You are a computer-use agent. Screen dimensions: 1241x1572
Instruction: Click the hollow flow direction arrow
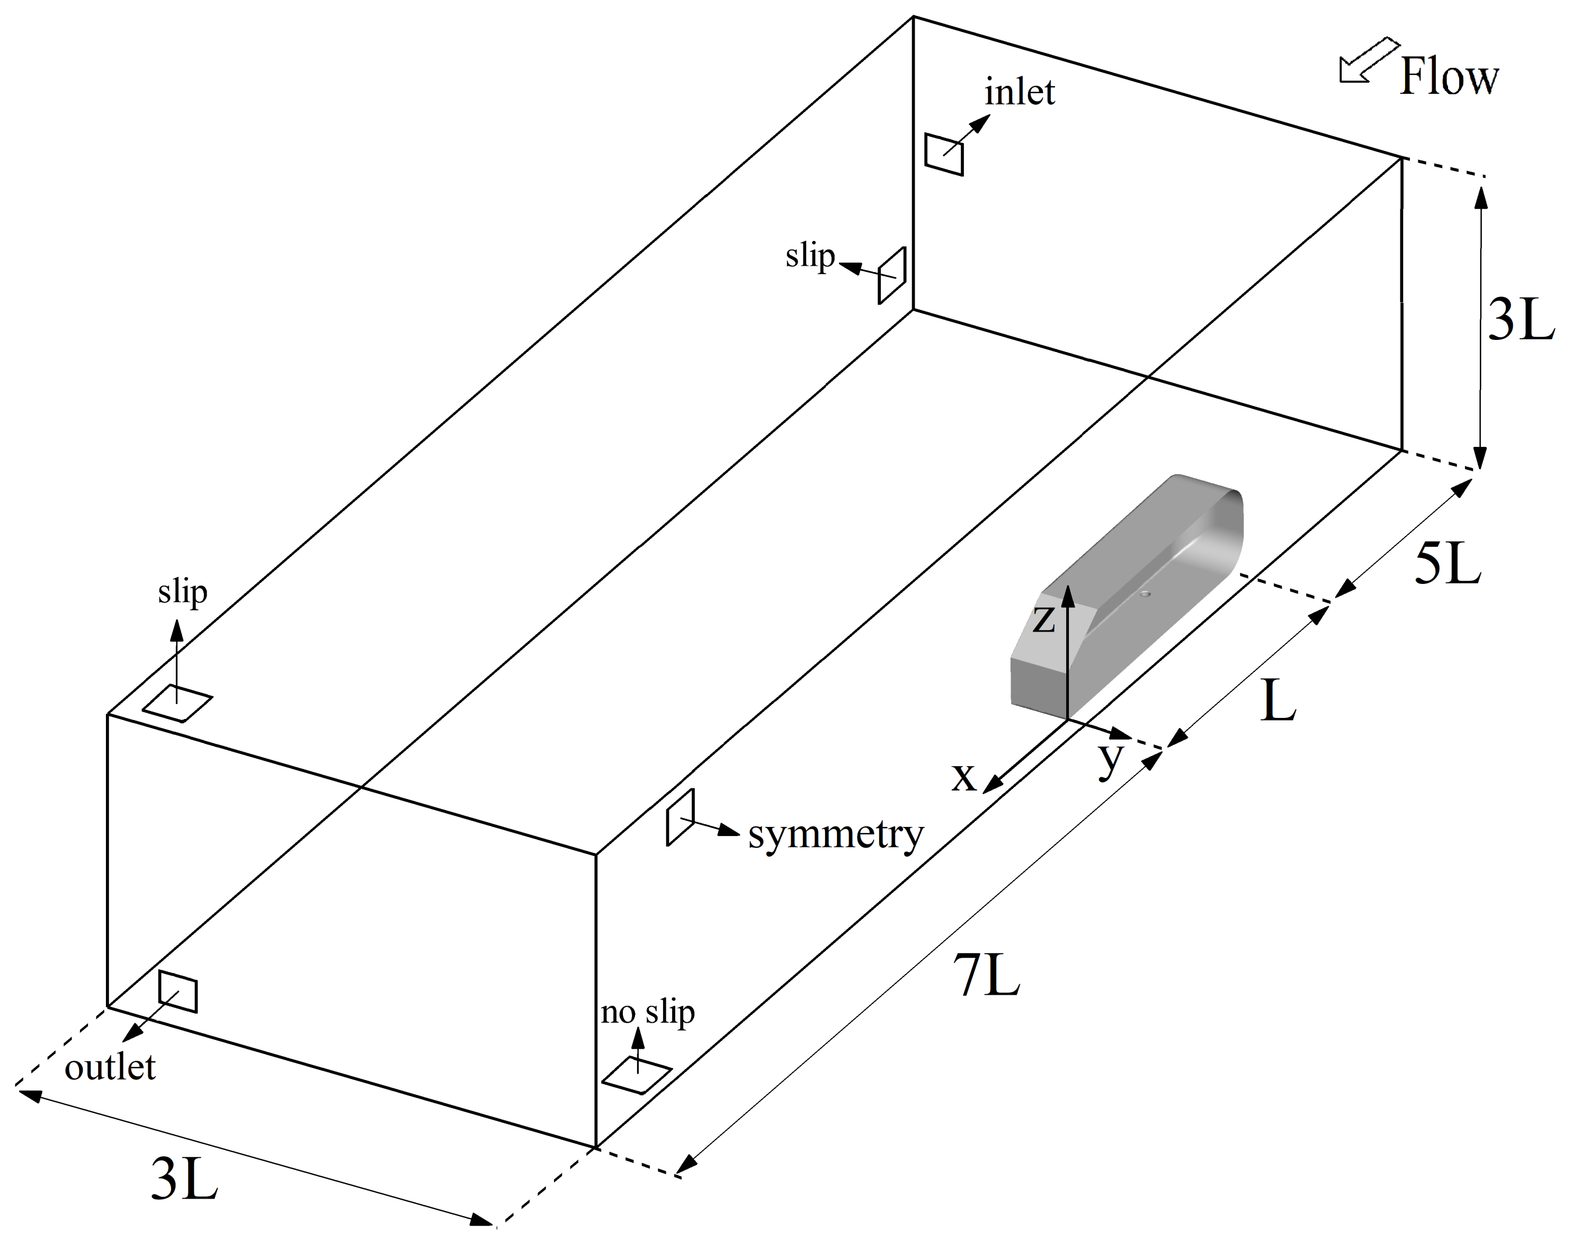1366,62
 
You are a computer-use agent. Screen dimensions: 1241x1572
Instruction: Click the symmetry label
836,835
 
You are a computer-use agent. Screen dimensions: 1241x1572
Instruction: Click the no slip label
648,1012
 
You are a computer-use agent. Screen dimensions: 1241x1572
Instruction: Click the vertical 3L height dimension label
1521,320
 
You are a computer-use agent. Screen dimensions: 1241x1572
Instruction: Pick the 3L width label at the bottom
184,1179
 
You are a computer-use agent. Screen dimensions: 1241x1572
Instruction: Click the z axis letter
1043,620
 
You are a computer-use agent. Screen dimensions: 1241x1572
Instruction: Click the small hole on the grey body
1146,593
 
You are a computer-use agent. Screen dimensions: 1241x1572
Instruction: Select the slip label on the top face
182,592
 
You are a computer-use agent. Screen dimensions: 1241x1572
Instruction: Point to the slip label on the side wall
810,256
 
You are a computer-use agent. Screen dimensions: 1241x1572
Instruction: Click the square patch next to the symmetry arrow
680,817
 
